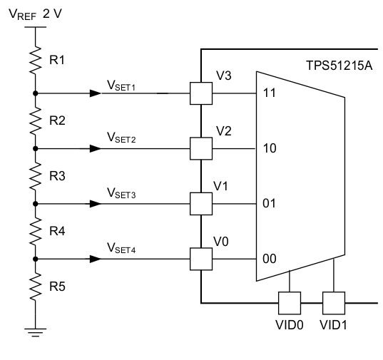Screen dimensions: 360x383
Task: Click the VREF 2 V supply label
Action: (x=36, y=15)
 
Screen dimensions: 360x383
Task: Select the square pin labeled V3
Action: (x=201, y=93)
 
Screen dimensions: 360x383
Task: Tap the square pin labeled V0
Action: (x=201, y=258)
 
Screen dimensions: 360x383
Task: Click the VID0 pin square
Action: (x=289, y=303)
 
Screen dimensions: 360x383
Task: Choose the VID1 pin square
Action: (x=334, y=303)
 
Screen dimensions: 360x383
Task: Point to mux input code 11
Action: (x=270, y=93)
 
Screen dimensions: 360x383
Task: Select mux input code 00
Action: (x=270, y=259)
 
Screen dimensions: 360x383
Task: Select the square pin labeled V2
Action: (x=201, y=148)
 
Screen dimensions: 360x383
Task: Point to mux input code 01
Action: (x=270, y=204)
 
